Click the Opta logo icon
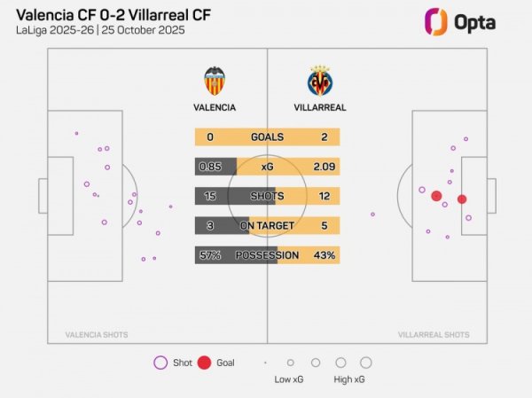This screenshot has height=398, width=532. tap(436, 21)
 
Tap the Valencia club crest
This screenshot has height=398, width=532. tap(215, 82)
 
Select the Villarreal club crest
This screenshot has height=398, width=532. tap(319, 82)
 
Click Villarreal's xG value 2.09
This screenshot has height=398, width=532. tap(325, 167)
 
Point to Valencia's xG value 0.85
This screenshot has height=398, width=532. tap(210, 167)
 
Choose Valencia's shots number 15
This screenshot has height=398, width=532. tap(210, 196)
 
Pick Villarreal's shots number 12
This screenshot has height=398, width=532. tap(325, 196)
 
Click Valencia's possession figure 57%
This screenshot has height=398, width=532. tap(210, 255)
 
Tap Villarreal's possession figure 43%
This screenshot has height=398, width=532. tap(325, 255)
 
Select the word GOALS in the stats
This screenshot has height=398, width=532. tap(267, 137)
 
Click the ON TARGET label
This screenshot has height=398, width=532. tap(267, 226)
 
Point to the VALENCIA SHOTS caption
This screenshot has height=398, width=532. tap(97, 335)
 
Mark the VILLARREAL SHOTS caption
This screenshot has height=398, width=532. tap(434, 335)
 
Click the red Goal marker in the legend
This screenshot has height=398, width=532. tap(204, 363)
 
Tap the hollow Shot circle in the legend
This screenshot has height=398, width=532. tap(160, 363)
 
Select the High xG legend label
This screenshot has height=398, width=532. tap(349, 379)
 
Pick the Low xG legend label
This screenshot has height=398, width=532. tap(289, 379)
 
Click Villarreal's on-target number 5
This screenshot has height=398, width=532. tap(325, 226)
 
